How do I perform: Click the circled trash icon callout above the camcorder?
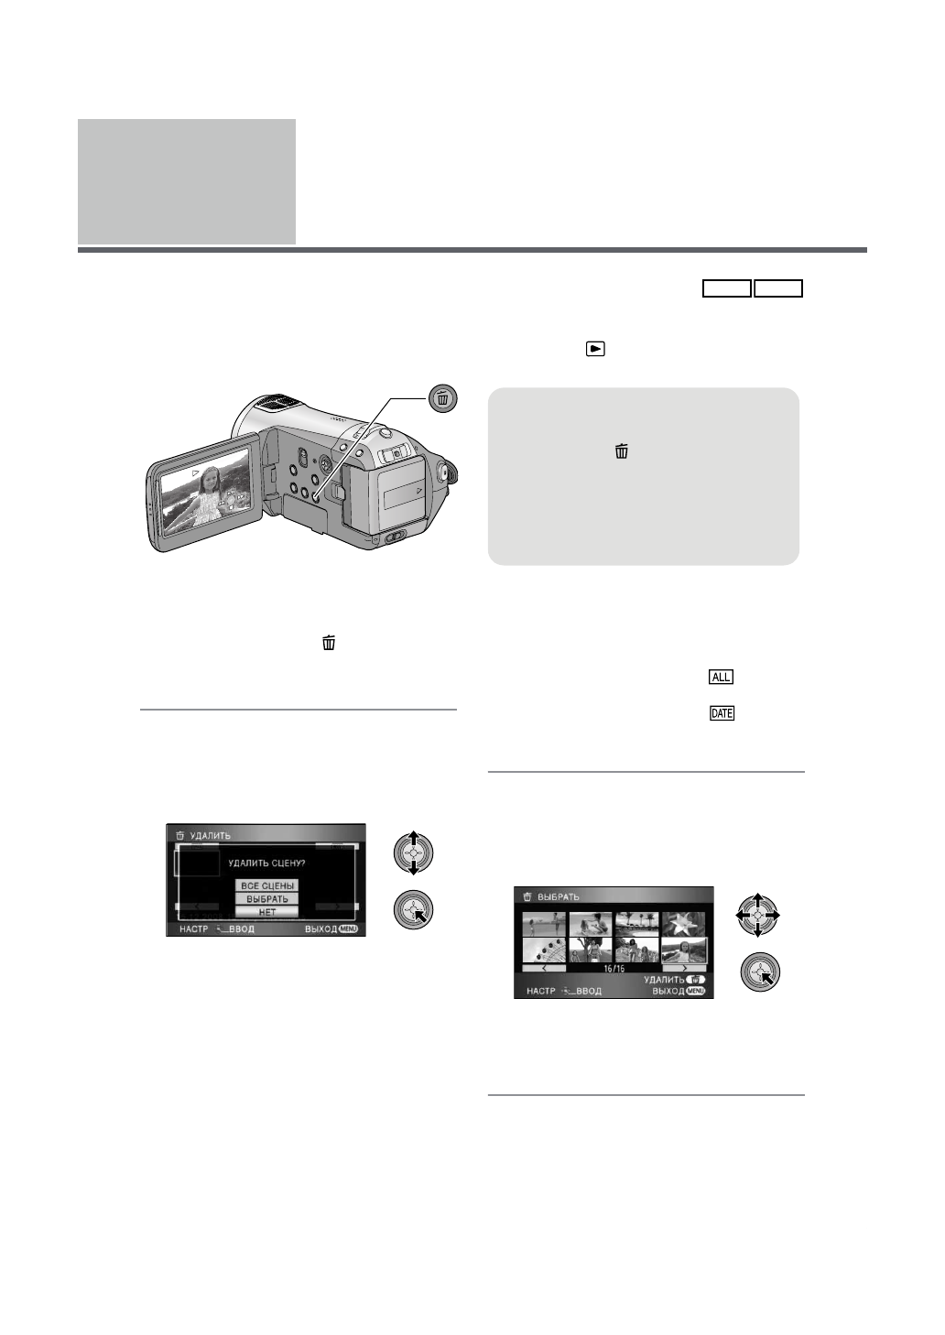tap(443, 398)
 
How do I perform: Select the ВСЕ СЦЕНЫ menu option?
tap(267, 885)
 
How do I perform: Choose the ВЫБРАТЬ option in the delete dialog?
tap(267, 899)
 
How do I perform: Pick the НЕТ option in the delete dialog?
tap(267, 912)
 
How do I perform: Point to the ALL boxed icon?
tap(722, 677)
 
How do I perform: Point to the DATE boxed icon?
tap(722, 713)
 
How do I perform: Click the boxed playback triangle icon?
tap(595, 349)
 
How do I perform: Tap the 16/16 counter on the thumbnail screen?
tap(614, 968)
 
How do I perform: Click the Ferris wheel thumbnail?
tap(544, 950)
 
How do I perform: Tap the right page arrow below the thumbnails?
tap(684, 968)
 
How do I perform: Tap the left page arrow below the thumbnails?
tap(544, 968)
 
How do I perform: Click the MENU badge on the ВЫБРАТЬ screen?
tap(695, 991)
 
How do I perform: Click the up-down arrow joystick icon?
tap(413, 853)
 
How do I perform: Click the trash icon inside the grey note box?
tap(622, 450)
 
